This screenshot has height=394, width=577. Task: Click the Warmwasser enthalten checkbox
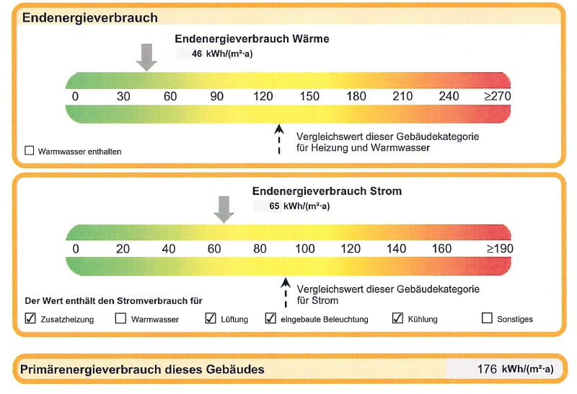click(30, 152)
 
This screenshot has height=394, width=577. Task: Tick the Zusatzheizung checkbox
click(30, 318)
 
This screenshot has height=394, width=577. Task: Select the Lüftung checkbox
click(211, 318)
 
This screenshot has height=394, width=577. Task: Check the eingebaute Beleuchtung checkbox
click(271, 318)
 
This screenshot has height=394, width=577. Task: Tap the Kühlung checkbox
click(397, 318)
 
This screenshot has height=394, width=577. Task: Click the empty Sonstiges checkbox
click(487, 318)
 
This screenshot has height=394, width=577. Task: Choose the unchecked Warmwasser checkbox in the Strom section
click(120, 318)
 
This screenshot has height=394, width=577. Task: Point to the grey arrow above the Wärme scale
click(146, 57)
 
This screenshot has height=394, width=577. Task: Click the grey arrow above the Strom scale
click(224, 210)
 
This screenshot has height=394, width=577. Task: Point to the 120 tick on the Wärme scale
click(263, 97)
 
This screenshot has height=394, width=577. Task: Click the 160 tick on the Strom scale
click(441, 249)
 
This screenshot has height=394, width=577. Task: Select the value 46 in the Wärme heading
click(197, 53)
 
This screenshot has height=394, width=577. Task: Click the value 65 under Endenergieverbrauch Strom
click(274, 206)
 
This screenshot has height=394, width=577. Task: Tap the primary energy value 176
click(487, 369)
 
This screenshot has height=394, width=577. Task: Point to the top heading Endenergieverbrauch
click(89, 17)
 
